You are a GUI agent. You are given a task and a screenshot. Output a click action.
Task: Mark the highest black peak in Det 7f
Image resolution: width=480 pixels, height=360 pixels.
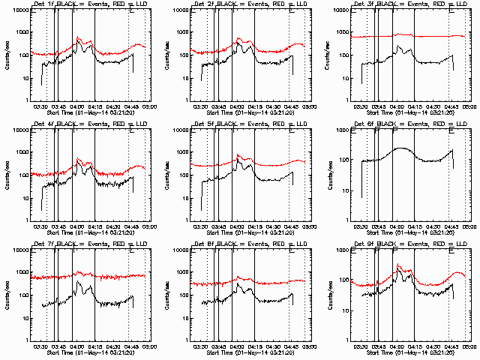click(x=77, y=282)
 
